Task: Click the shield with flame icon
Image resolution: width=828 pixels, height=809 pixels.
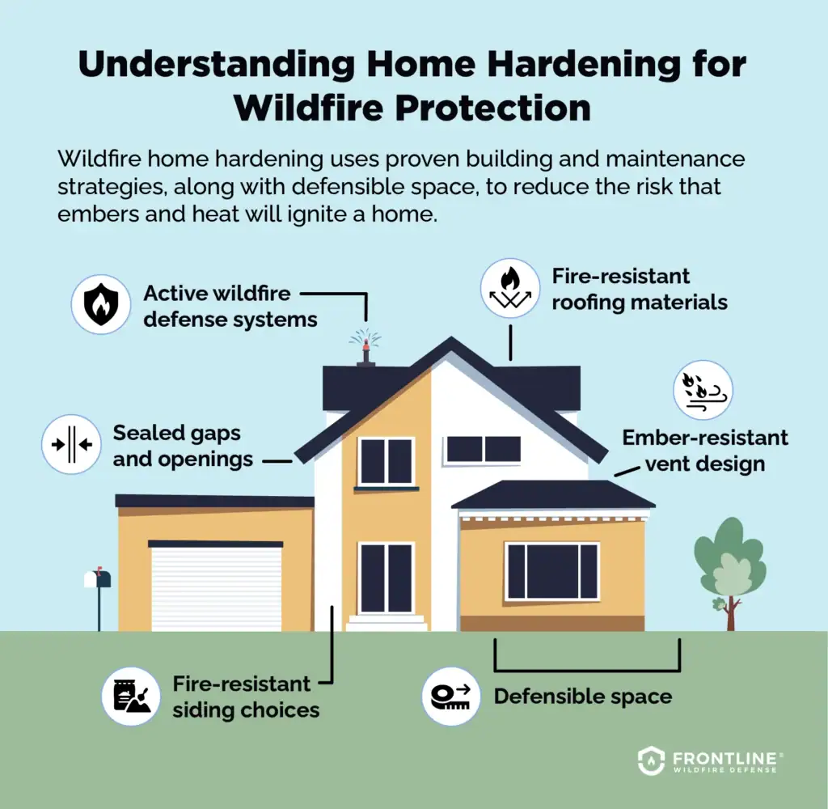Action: pos(101,305)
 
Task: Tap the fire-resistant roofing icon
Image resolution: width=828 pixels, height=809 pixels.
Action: pos(509,289)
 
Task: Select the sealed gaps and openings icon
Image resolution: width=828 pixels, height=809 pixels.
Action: pos(71,445)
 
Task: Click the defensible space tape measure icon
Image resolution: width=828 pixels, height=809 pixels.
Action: pos(451,696)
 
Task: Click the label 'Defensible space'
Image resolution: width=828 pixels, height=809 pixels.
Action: pos(582,696)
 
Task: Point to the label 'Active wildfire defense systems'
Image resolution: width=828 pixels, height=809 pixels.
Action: pos(230,306)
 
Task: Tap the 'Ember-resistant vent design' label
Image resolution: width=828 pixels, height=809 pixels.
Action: pos(704,451)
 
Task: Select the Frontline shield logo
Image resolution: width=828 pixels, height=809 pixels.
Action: pos(651,760)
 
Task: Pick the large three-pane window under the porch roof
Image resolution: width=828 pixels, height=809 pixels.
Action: pos(552,571)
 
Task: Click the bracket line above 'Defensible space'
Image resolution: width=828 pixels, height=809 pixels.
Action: pos(587,669)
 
